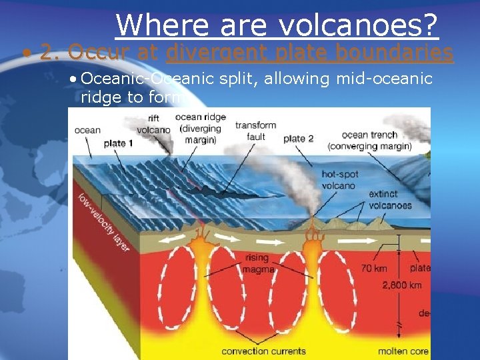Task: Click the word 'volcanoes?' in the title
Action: tap(358, 25)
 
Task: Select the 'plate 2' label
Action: tap(298, 139)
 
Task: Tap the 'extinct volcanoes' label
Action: tap(390, 200)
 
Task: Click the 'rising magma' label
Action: tap(257, 263)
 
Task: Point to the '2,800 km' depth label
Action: tap(402, 285)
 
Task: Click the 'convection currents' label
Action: tap(263, 351)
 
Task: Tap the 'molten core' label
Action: tap(402, 351)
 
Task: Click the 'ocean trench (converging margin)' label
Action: tap(370, 141)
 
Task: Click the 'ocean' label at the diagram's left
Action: tap(87, 130)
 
